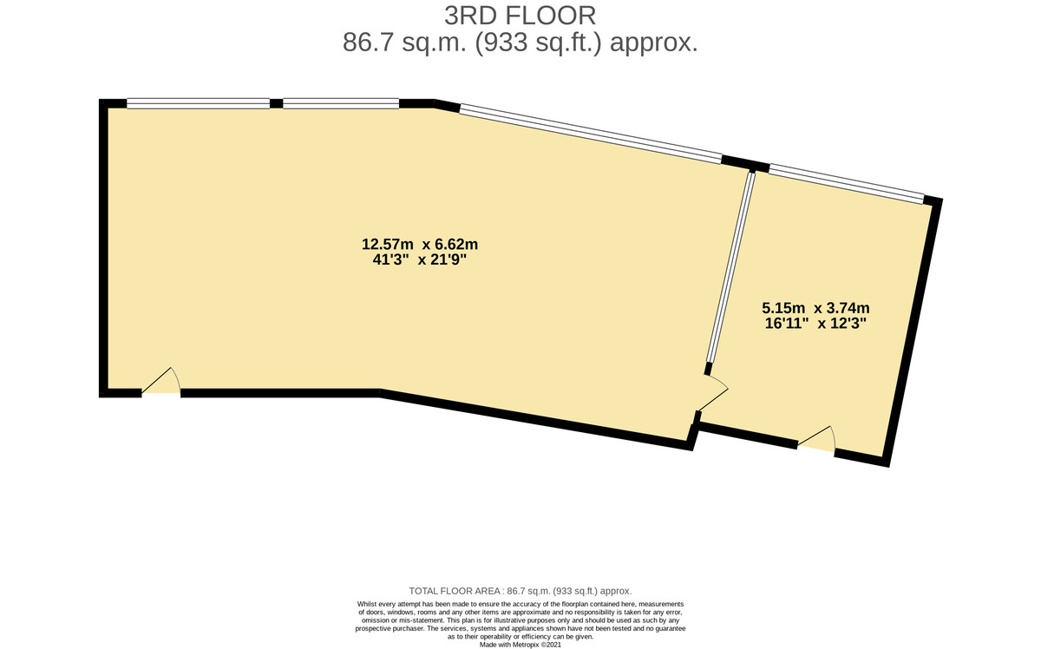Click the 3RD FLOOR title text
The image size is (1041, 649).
520,16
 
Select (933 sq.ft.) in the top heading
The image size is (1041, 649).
544,43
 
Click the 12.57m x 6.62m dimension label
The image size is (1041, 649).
420,243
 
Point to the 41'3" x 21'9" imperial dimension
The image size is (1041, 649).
420,259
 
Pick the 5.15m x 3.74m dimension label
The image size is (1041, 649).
815,307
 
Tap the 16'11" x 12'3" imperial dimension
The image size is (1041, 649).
815,324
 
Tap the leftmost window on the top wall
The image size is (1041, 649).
198,103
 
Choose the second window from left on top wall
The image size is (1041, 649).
341,103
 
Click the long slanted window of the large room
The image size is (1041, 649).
590,134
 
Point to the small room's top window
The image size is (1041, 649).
846,183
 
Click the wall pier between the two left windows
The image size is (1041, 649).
276,103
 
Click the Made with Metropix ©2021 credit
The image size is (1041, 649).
520,645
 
